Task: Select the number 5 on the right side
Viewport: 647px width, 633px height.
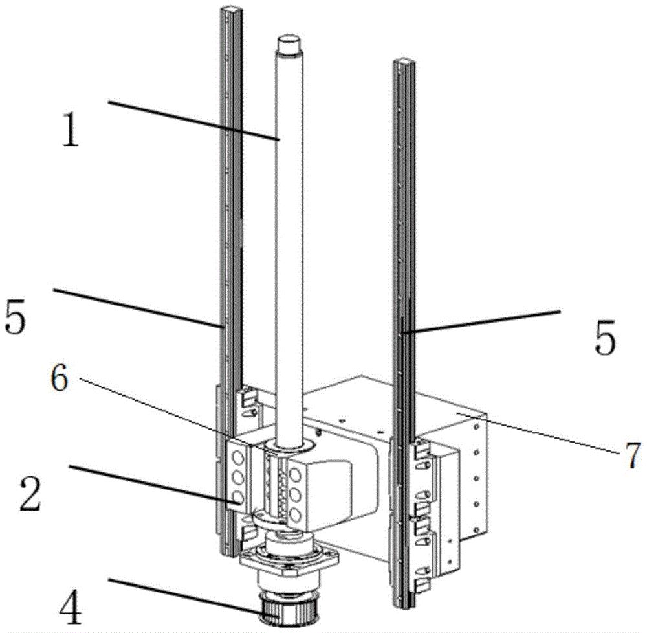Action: pos(605,337)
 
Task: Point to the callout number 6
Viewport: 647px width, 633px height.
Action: pos(60,378)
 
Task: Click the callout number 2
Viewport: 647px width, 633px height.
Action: pos(31,494)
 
